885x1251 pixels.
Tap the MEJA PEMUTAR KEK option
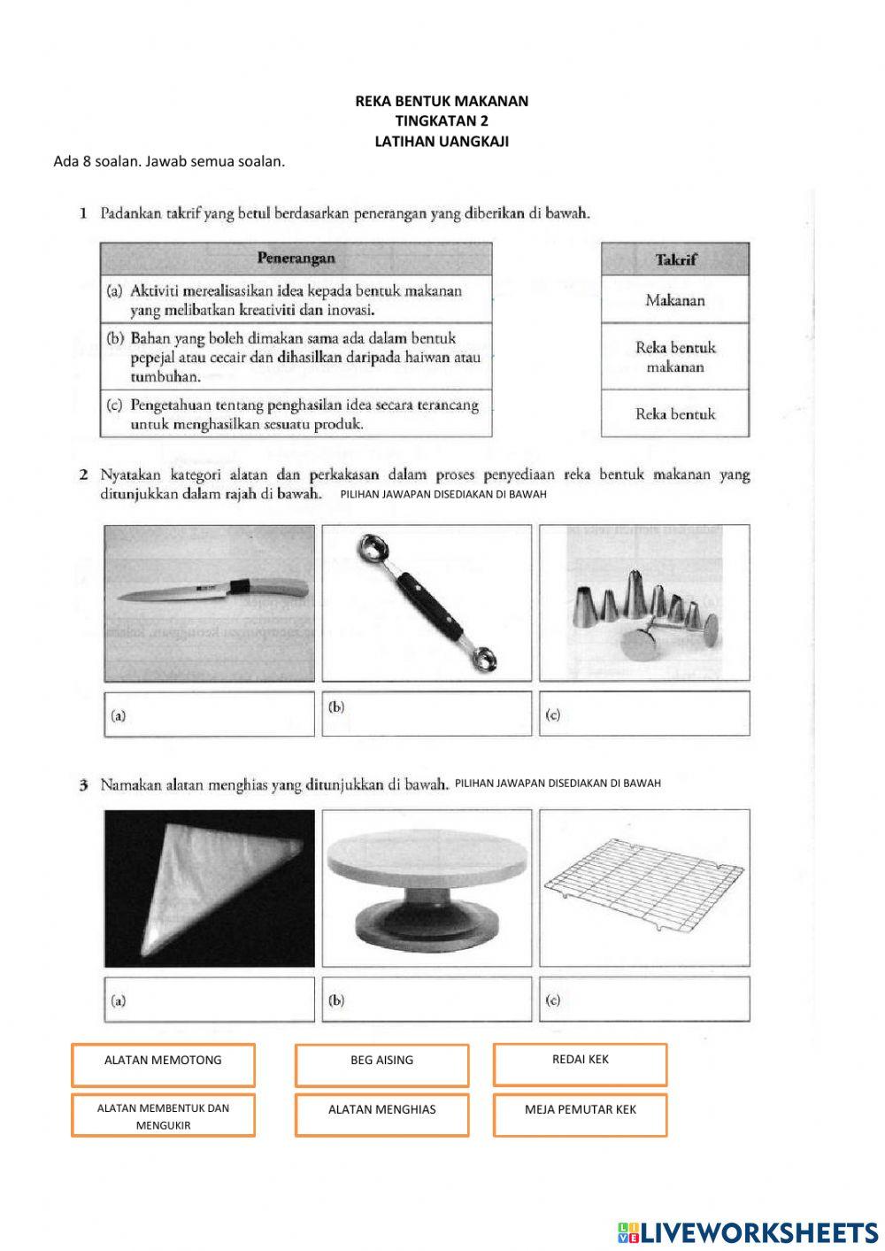point(580,1114)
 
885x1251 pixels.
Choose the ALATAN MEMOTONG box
point(163,1064)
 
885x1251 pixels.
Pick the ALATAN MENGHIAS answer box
point(381,1114)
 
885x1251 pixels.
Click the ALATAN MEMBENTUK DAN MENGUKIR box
point(163,1116)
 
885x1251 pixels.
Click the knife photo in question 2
point(209,603)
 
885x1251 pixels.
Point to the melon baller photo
point(427,603)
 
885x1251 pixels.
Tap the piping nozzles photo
point(644,603)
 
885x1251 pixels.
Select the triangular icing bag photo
point(209,888)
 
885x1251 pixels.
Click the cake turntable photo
point(427,888)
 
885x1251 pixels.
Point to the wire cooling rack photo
point(644,888)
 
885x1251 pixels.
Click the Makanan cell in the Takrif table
point(674,300)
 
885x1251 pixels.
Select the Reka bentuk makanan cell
point(674,357)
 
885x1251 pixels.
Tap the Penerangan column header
point(296,259)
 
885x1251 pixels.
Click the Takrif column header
point(674,259)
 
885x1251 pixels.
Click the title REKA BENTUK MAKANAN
point(442,101)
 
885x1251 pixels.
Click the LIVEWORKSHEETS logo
point(748,1232)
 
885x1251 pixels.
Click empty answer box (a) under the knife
point(209,714)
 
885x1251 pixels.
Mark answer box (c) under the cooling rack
point(644,1000)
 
